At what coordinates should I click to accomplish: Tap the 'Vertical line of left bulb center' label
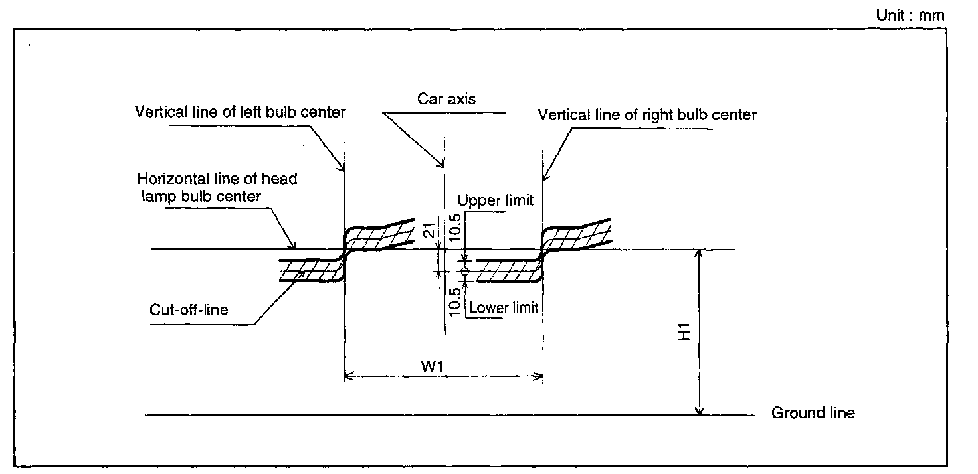click(240, 112)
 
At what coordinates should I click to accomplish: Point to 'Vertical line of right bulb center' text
click(647, 115)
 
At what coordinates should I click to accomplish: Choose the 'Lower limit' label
click(503, 307)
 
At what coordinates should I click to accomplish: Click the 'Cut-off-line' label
click(190, 309)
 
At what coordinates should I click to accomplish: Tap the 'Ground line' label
click(813, 413)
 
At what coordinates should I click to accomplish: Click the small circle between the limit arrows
click(465, 272)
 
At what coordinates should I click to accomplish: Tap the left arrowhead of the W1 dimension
click(349, 378)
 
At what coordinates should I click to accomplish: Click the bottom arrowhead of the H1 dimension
click(699, 412)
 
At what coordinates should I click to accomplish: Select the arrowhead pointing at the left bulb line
click(343, 167)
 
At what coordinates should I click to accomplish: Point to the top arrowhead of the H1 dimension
click(699, 254)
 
